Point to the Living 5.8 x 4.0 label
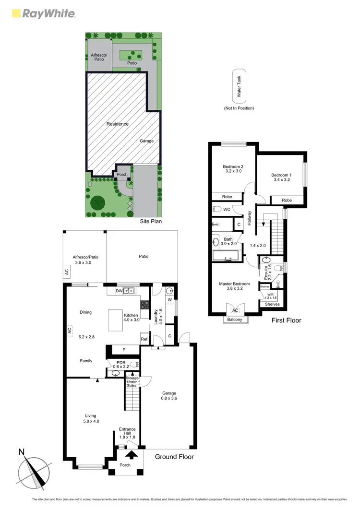point(91,418)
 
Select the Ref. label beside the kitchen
point(144,340)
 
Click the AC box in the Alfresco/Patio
point(67,271)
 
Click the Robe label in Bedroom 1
point(287,200)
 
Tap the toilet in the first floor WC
point(217,209)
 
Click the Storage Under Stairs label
point(132,381)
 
